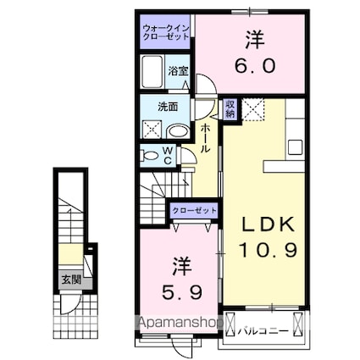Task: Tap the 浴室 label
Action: point(177,71)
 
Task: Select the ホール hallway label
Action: point(206,136)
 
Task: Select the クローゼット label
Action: point(193,210)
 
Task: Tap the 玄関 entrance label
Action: point(67,276)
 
